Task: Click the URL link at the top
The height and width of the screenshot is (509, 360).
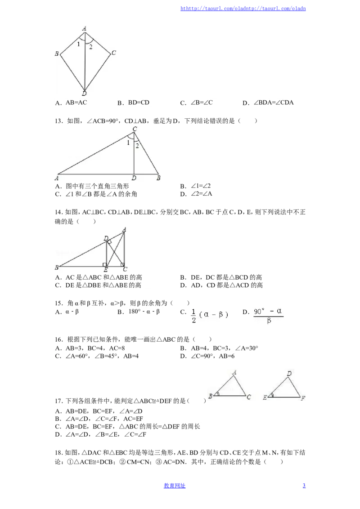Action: (243, 9)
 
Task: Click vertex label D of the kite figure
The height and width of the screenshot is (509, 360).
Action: (84, 94)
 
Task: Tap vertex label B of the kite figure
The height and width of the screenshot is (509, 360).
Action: (57, 54)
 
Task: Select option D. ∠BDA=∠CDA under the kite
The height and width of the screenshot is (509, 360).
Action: (268, 103)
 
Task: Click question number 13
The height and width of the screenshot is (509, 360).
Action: (58, 121)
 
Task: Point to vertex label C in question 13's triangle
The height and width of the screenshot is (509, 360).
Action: (135, 129)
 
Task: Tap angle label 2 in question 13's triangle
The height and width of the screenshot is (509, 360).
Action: (137, 146)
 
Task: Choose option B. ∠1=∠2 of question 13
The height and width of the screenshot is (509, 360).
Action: (196, 186)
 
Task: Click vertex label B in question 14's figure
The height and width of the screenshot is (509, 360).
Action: (57, 268)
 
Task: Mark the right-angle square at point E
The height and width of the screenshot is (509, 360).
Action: (104, 265)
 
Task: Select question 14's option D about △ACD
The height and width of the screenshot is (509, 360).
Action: (221, 286)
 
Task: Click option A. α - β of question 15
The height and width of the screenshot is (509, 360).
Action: (67, 312)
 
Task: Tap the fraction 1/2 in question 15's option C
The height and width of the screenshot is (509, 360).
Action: (193, 316)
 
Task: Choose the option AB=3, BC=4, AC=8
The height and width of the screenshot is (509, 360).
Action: (90, 348)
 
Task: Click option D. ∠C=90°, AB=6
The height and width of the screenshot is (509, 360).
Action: (207, 356)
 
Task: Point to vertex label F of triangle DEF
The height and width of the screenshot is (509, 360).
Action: (303, 398)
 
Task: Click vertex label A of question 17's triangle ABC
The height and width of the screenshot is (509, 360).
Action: (234, 373)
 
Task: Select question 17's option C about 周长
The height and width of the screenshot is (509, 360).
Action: (128, 427)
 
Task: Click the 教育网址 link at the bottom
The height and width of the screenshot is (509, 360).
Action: (175, 486)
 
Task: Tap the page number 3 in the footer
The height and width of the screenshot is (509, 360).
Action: (304, 486)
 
